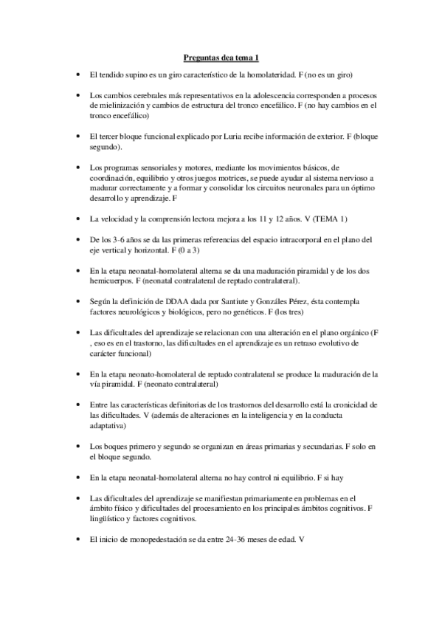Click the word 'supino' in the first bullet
tap(132, 75)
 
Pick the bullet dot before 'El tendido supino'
tap(78, 76)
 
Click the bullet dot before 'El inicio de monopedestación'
tap(78, 540)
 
